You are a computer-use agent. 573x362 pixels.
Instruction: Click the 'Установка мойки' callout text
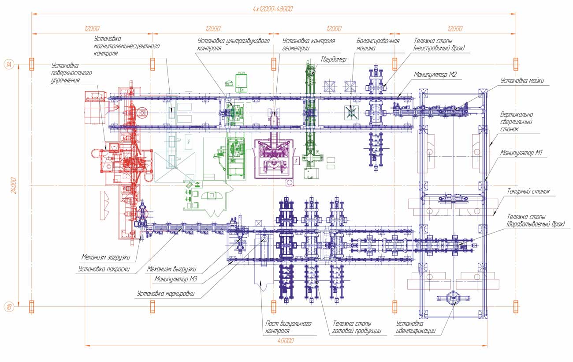[522, 81]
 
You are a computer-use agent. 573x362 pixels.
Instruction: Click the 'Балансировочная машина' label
[378, 45]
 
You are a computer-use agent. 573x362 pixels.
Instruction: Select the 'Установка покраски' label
[104, 268]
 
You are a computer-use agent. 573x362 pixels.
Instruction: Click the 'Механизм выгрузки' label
[171, 268]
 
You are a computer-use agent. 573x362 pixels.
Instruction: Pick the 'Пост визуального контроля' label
[288, 327]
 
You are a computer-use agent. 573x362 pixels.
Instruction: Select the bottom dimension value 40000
[286, 341]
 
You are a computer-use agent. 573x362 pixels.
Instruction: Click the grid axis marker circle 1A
[9, 64]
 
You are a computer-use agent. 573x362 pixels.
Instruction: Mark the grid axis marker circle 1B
[9, 306]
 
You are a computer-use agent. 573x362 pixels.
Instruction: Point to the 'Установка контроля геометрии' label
[309, 45]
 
